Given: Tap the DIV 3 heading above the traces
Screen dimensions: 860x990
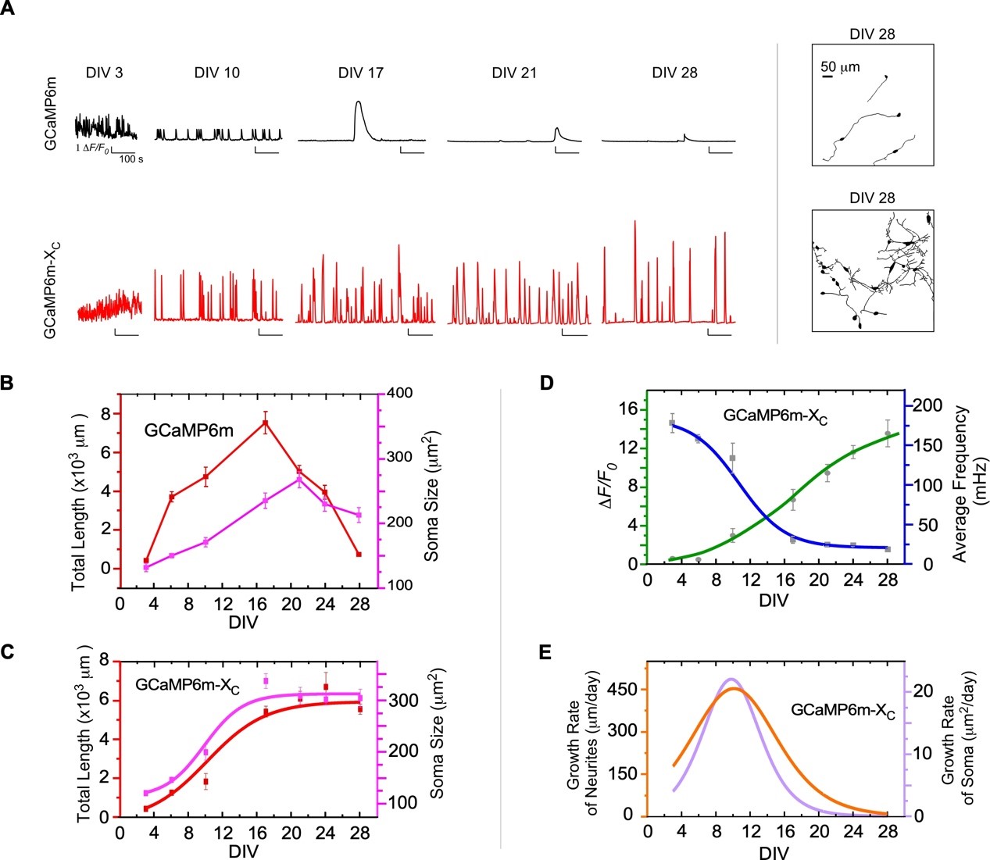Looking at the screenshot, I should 104,73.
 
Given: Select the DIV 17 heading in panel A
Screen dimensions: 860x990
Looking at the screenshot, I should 361,73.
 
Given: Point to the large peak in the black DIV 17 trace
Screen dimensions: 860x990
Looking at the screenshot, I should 358,103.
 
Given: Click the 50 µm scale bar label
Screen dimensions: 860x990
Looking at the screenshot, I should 840,67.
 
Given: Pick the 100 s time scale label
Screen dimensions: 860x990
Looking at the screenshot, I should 130,159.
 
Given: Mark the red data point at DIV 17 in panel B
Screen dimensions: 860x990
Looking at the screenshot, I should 266,423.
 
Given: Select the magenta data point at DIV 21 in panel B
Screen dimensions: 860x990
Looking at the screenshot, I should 299,479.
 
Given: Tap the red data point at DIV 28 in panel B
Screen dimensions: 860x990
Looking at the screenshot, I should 359,554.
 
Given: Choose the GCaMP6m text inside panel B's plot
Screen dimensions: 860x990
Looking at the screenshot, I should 188,429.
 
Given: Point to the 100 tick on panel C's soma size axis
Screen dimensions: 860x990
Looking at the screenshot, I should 399,803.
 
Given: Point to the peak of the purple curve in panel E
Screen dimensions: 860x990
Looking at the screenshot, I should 730,680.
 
